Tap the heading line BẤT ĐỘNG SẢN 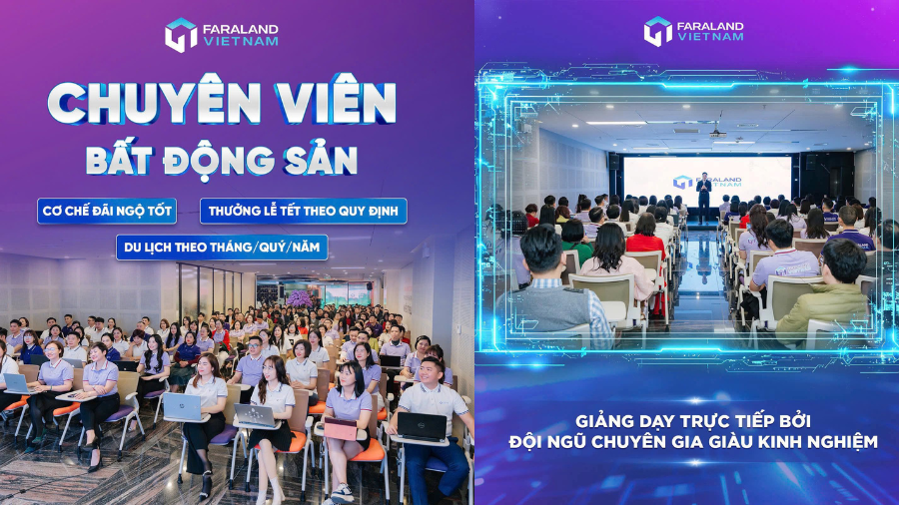coord(221,160)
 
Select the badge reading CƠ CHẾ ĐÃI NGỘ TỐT coord(107,212)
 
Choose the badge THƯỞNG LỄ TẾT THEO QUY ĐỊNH coord(303,212)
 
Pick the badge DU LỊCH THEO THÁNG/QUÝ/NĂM coord(222,247)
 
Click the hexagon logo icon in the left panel coord(181,35)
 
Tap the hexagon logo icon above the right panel coord(658,31)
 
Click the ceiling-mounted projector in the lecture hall coord(716,132)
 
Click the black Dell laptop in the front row coord(422,426)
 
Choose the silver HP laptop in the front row coord(183,406)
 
